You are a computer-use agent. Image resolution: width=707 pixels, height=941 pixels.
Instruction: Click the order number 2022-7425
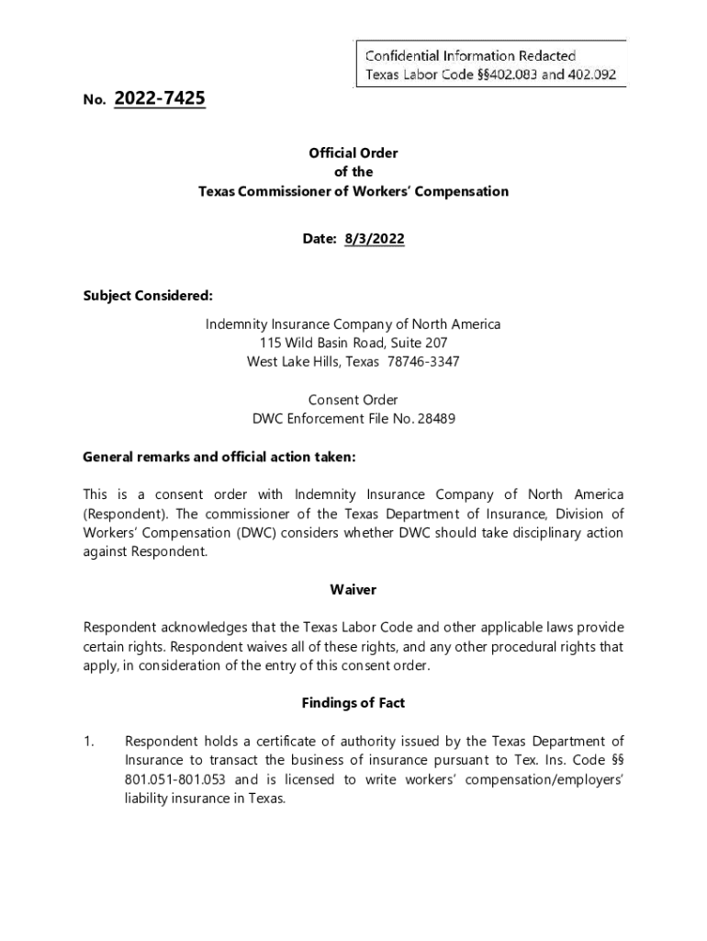click(x=160, y=98)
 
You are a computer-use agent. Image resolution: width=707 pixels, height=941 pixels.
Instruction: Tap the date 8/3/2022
click(x=374, y=239)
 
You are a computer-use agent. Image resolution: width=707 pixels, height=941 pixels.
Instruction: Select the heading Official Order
click(x=353, y=153)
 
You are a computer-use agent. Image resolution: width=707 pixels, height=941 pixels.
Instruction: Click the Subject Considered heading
click(x=148, y=296)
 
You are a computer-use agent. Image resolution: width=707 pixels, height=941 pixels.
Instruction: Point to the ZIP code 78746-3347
click(x=421, y=362)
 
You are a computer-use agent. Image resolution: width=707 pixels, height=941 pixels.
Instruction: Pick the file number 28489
click(x=437, y=419)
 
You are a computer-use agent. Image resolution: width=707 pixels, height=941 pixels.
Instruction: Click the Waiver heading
click(x=353, y=590)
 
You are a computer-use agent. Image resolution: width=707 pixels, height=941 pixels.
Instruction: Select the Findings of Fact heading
click(x=353, y=703)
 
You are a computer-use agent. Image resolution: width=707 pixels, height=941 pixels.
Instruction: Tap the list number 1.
click(x=89, y=742)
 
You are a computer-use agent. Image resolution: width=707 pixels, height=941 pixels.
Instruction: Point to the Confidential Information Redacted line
click(x=471, y=57)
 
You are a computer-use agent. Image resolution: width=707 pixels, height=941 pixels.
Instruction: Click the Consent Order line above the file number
click(x=353, y=401)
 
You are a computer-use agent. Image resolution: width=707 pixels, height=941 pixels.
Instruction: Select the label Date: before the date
click(x=320, y=239)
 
